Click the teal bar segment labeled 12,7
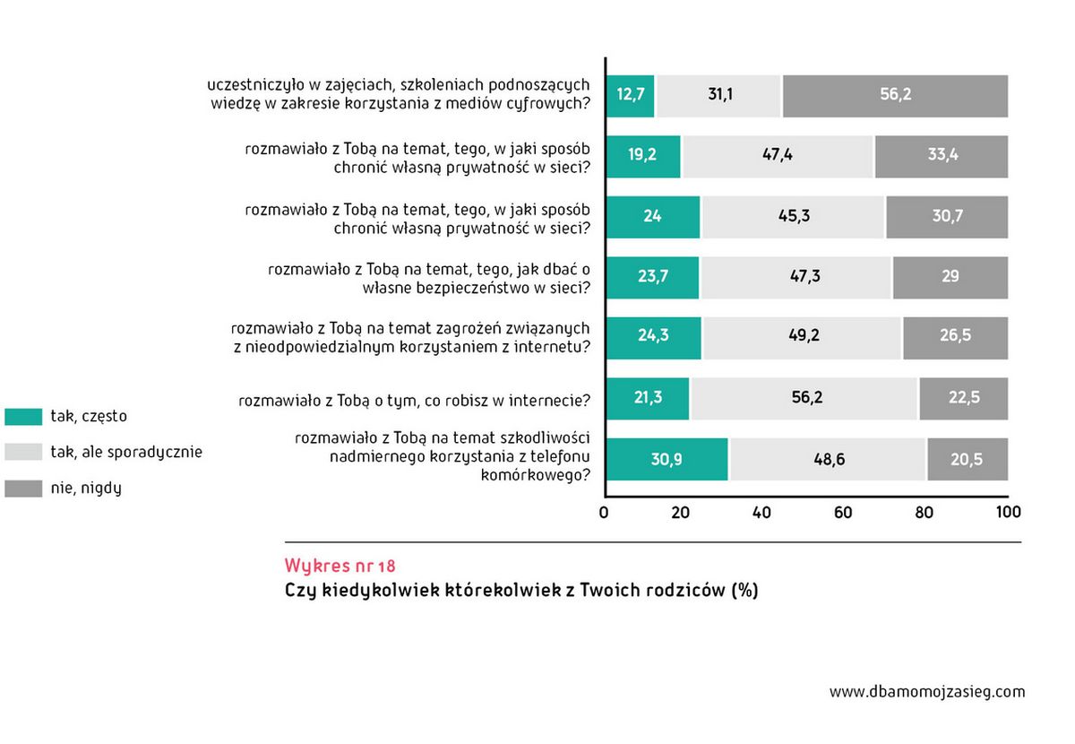coord(631,95)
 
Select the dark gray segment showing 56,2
coord(895,95)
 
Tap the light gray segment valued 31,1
coord(719,95)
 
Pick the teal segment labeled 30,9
coord(667,459)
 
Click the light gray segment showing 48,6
coord(828,459)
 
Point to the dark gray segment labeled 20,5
coord(967,459)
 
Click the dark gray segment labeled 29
coord(950,277)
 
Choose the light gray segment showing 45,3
coord(794,216)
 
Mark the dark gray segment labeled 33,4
coord(942,155)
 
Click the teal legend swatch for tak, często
coord(23,417)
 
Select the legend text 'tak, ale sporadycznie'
coord(126,453)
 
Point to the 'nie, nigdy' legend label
coord(86,489)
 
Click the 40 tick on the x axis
coord(762,513)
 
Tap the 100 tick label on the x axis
coord(1008,513)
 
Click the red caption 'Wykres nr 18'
coord(340,567)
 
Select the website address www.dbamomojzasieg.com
coord(927,692)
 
